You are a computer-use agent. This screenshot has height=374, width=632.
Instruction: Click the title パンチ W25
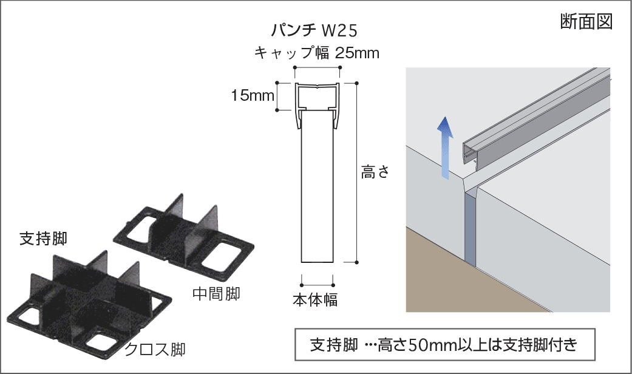click(x=314, y=30)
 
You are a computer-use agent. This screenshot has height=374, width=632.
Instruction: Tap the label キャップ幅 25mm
click(x=317, y=53)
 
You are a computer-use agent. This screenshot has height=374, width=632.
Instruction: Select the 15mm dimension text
click(x=253, y=95)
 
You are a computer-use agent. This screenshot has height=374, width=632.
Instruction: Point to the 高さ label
click(x=375, y=172)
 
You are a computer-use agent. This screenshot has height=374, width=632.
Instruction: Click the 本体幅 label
click(x=315, y=300)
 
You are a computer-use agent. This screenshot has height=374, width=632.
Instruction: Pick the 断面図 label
click(x=586, y=21)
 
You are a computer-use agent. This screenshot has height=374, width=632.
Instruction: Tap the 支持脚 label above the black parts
click(x=44, y=239)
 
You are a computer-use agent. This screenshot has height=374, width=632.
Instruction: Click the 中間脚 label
click(x=217, y=294)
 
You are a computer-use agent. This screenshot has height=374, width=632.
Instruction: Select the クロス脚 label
click(x=155, y=349)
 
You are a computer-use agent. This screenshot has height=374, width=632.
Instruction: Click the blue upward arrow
click(x=444, y=147)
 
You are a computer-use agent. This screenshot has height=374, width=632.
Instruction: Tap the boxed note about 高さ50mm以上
click(x=445, y=345)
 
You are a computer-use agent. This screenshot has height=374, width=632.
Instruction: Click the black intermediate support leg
click(x=183, y=238)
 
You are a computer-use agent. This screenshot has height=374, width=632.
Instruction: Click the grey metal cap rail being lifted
click(x=536, y=117)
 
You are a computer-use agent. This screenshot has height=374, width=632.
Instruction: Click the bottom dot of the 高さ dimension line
click(x=357, y=262)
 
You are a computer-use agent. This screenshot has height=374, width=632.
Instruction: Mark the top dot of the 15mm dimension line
click(x=277, y=83)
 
